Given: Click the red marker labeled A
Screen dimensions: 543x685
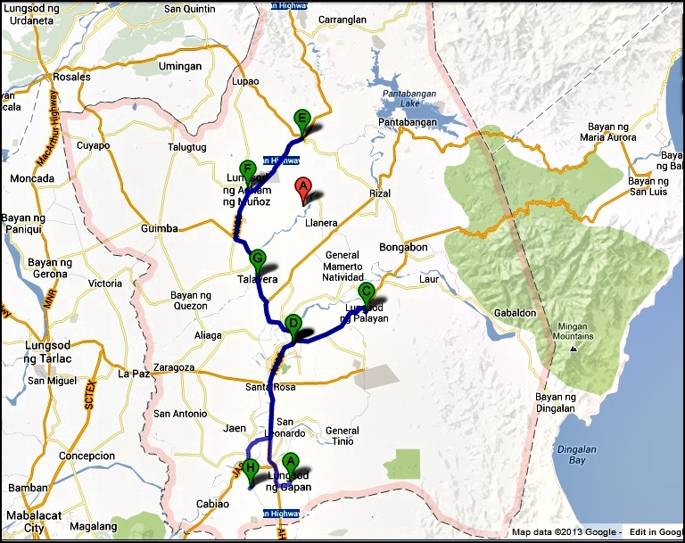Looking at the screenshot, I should point(302,188).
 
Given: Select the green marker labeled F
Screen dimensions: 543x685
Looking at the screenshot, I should point(248,170).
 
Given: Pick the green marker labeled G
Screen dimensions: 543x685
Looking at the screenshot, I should point(258,259).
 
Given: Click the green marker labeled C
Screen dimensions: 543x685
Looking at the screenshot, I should point(366,292).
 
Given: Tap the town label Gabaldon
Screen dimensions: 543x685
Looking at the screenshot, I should point(515,313).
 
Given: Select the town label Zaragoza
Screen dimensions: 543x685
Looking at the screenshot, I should point(174,366).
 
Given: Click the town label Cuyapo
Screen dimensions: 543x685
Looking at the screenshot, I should point(92,144).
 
